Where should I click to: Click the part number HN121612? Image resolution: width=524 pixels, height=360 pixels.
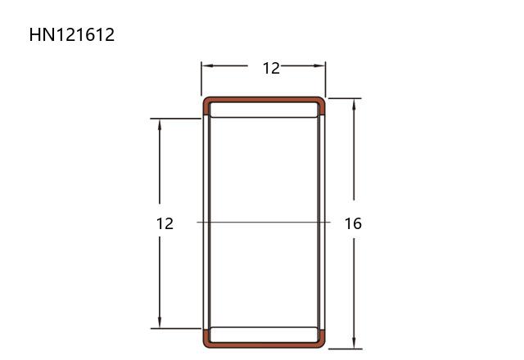72,34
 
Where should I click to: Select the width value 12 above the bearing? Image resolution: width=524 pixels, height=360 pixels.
271,69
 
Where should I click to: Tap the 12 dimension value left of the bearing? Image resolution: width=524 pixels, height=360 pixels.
165,223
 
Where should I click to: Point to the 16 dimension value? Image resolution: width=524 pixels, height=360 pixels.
353,223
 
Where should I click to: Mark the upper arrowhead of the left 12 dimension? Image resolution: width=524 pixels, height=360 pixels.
160,124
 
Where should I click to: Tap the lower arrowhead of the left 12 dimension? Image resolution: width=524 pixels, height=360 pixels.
160,322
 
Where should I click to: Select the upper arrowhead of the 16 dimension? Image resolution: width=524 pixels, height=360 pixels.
354,104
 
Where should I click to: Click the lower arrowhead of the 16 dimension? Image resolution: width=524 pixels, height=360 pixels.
354,343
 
